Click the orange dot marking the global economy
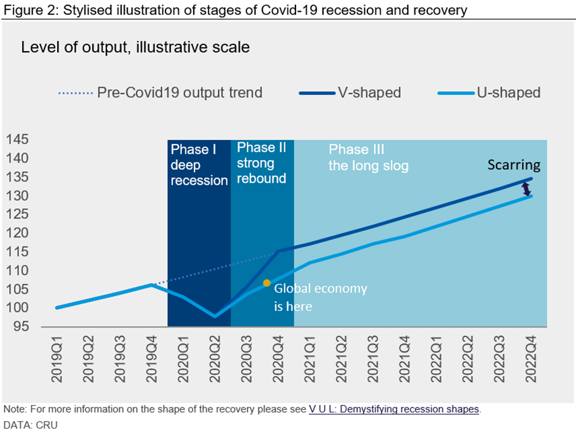point(266,283)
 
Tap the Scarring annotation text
point(514,165)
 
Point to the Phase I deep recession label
point(199,165)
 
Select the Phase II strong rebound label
point(262,163)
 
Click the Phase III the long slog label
point(368,158)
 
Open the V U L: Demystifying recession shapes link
point(393,409)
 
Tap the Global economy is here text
point(320,297)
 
